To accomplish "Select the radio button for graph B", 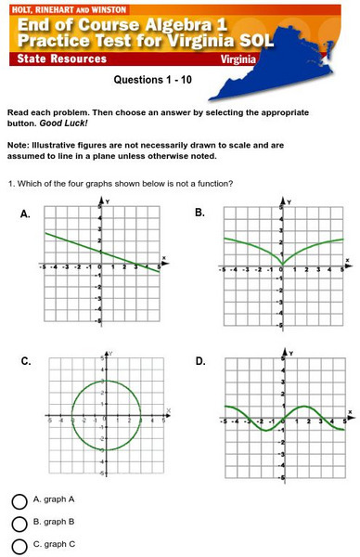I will (x=19, y=524).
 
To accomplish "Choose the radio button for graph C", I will (x=19, y=546).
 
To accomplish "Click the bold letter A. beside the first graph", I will (x=26, y=214).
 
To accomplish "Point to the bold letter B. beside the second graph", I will (x=199, y=214).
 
